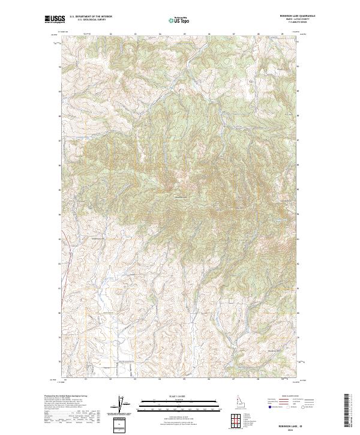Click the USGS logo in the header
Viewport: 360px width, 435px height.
tap(55, 19)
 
